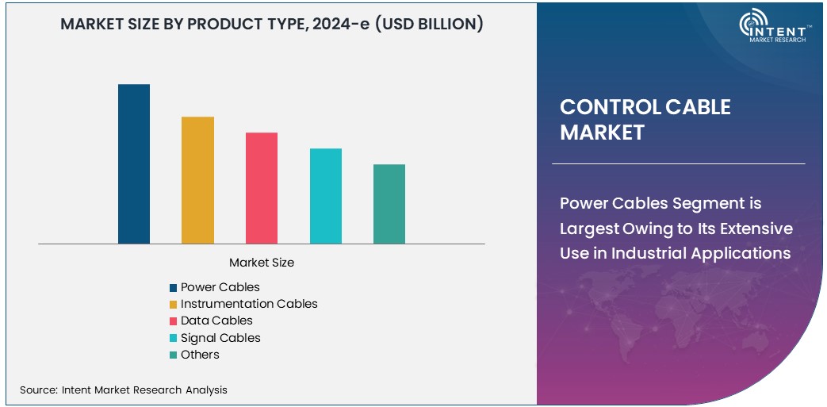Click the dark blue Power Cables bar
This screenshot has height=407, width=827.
click(134, 163)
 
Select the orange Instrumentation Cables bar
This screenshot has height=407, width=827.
click(197, 180)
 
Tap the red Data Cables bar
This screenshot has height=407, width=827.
click(262, 188)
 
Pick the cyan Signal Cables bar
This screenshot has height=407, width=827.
click(325, 196)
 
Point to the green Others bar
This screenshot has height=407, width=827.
click(389, 204)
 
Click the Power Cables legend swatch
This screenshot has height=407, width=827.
click(173, 287)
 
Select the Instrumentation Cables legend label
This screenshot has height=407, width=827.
click(249, 304)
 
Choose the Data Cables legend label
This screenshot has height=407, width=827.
click(216, 321)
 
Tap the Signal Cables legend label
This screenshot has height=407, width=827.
click(220, 337)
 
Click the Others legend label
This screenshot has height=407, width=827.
click(200, 354)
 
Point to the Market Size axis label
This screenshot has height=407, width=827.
click(262, 262)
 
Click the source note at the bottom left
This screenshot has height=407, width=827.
click(124, 390)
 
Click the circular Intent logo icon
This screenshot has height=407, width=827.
click(753, 25)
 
